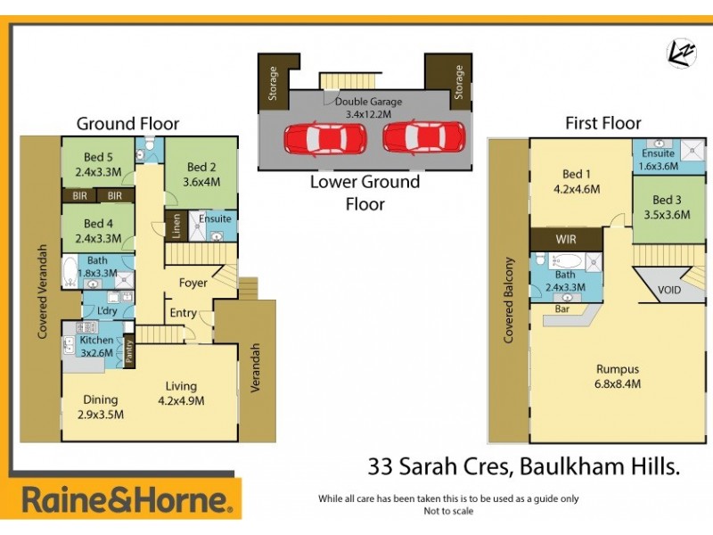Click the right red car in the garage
click(424, 138)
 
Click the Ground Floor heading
click(127, 124)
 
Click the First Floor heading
click(603, 123)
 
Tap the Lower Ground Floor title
click(365, 193)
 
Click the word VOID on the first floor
click(670, 289)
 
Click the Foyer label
click(193, 283)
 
